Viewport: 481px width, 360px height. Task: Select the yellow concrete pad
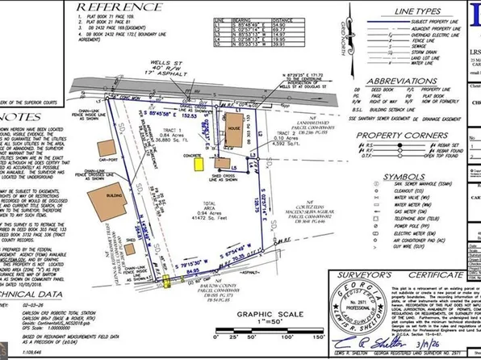click(199, 163)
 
